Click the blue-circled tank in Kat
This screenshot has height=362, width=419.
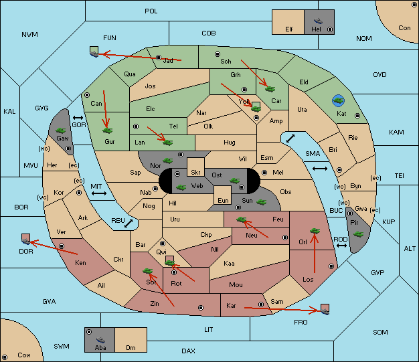coord(338,100)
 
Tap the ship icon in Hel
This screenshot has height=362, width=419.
coord(318,21)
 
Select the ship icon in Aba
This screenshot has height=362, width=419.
coord(100,340)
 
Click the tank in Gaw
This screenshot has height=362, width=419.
coord(61,130)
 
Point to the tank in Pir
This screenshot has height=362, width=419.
coord(358,234)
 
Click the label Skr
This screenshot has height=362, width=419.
coord(195,173)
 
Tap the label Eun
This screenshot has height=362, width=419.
coord(223,200)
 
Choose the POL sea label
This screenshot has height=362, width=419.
coord(151,11)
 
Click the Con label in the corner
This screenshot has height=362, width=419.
coord(404,28)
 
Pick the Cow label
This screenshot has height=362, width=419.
coord(24,355)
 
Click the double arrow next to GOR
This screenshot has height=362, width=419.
coord(78,118)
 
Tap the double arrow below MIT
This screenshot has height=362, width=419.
coord(99,193)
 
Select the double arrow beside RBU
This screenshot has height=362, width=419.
coord(129,223)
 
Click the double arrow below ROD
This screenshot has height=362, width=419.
coord(341,246)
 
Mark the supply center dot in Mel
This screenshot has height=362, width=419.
coord(264,173)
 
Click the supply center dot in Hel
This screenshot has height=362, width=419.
coord(330,29)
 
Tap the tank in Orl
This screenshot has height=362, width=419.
coord(315,231)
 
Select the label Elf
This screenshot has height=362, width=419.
coord(289,29)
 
